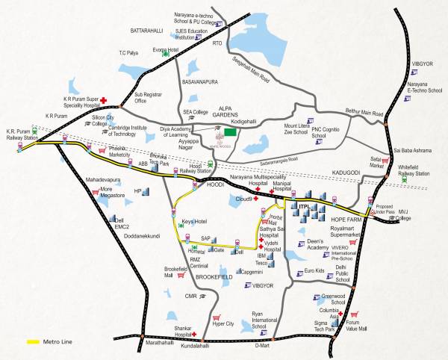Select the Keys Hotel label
tap(193, 221)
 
